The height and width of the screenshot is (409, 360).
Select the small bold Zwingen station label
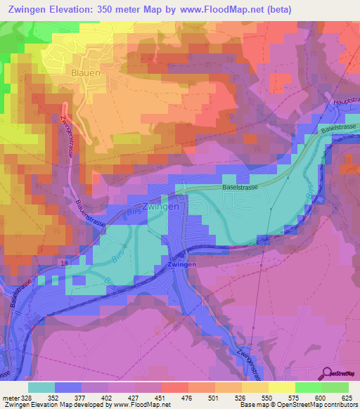pos(182,264)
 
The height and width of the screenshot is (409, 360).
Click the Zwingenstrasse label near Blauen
pos(68,136)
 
